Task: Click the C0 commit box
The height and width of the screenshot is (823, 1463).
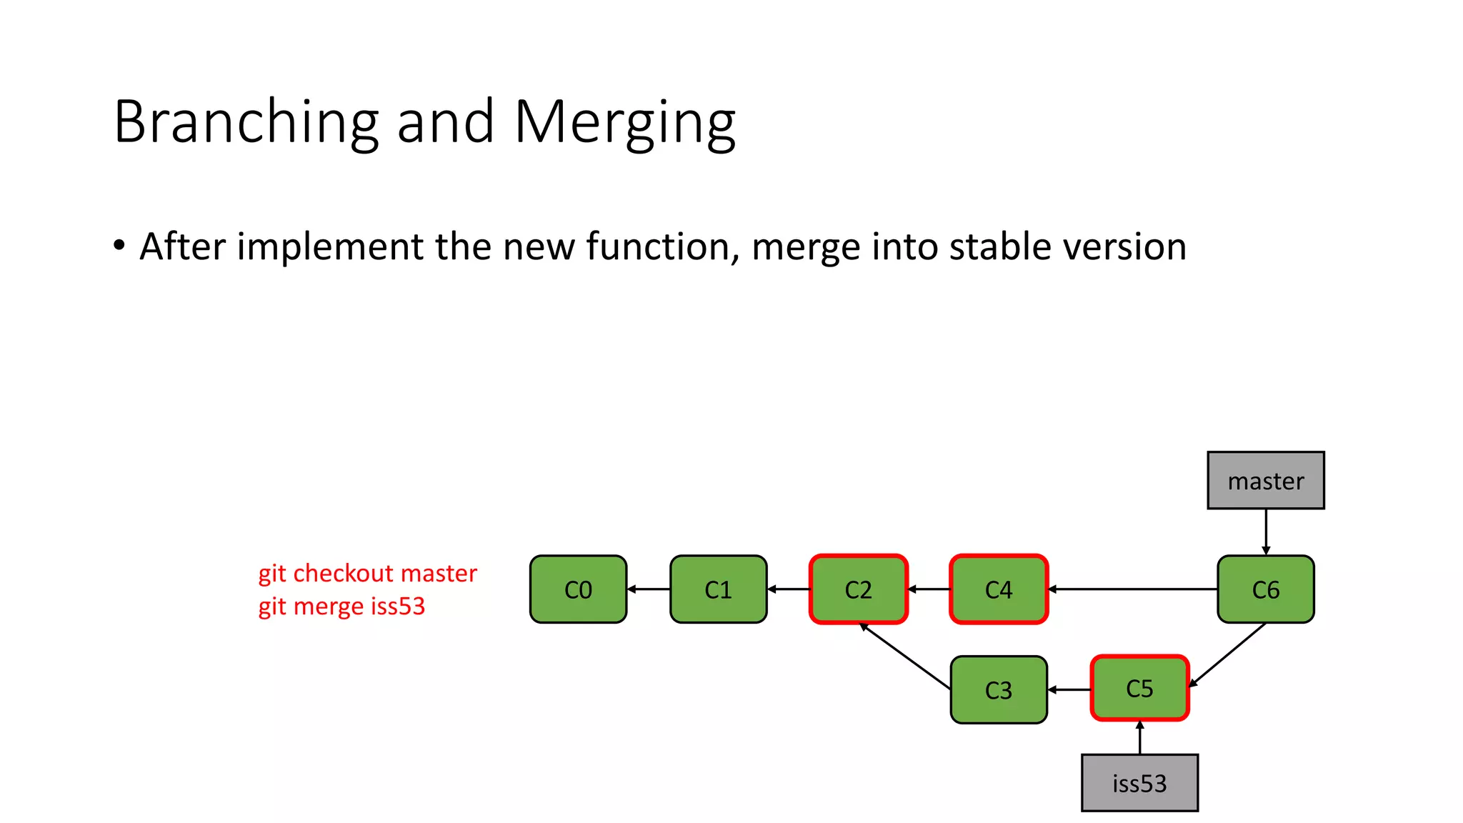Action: [x=578, y=589]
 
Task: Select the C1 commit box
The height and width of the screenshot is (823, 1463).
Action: [x=718, y=589]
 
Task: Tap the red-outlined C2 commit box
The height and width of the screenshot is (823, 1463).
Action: [x=858, y=589]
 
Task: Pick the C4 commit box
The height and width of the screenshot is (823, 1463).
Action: [x=999, y=589]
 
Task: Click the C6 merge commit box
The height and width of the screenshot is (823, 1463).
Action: [x=1265, y=589]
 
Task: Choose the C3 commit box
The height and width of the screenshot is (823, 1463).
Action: [x=999, y=689]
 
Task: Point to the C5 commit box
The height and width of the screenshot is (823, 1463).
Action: [x=1139, y=688]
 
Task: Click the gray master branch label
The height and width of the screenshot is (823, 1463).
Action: [x=1265, y=480]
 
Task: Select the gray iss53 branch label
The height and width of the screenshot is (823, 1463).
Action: [x=1139, y=783]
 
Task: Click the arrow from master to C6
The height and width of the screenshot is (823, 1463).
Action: [x=1266, y=532]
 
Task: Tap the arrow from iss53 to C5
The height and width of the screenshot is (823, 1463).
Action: [x=1139, y=738]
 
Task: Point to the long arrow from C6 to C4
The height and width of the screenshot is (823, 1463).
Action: [x=1132, y=589]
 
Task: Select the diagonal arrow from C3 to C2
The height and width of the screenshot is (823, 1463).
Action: [x=906, y=657]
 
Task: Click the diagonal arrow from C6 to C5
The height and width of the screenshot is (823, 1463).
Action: [x=1227, y=655]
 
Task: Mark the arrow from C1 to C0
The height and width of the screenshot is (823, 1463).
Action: [x=649, y=589]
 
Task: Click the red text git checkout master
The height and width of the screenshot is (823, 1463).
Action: [x=367, y=573]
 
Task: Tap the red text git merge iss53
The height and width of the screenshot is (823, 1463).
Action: [x=341, y=606]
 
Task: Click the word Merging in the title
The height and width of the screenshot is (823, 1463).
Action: [x=624, y=122]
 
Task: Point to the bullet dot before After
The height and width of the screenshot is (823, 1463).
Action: [x=119, y=246]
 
